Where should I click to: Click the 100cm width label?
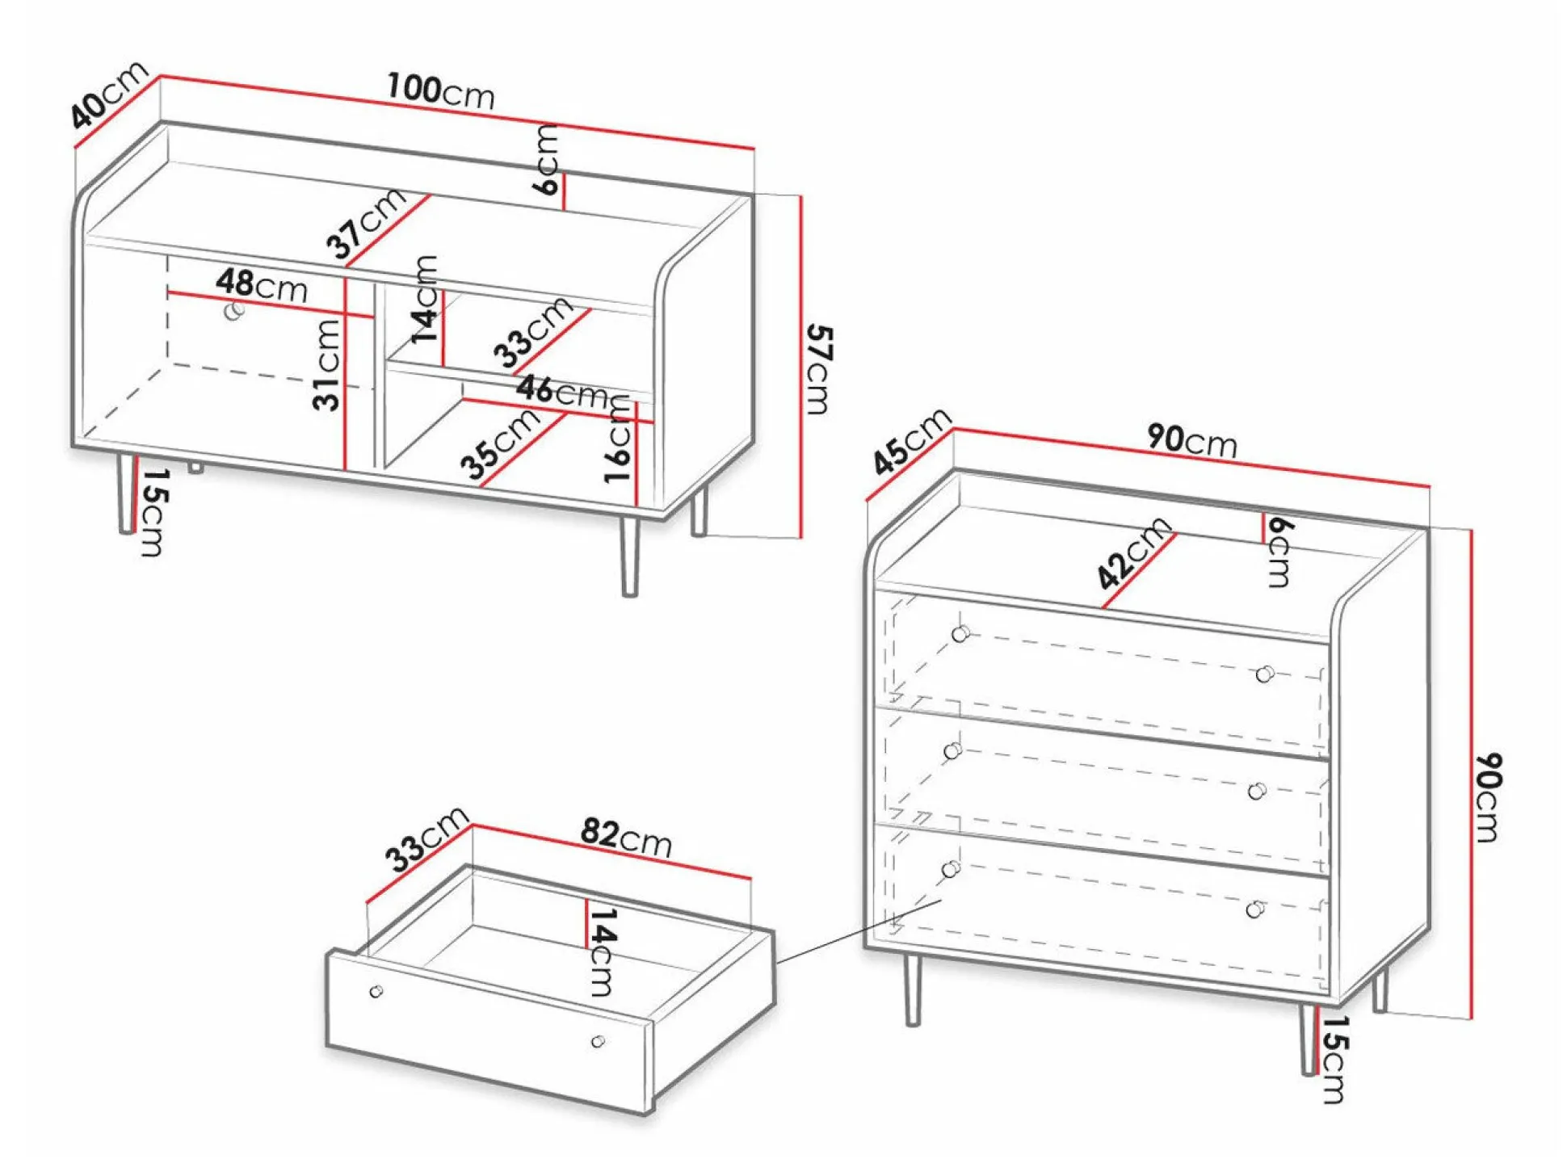(x=440, y=90)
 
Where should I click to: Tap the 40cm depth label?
(x=109, y=94)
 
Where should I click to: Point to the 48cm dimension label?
(x=262, y=285)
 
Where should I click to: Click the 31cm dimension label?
(x=327, y=364)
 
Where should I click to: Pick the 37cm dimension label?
(x=367, y=223)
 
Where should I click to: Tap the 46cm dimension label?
(x=564, y=391)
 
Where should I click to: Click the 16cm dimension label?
(x=618, y=440)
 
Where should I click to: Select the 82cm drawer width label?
(x=626, y=838)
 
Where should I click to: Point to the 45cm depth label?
(x=911, y=440)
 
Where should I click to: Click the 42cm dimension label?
(x=1134, y=553)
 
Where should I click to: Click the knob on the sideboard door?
(x=235, y=310)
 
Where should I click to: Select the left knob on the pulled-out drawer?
(x=376, y=991)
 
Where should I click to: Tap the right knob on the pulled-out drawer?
(x=598, y=1042)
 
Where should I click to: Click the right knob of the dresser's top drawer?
(x=1265, y=674)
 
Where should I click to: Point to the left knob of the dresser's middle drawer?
(x=952, y=751)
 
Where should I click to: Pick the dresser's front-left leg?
(x=912, y=989)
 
